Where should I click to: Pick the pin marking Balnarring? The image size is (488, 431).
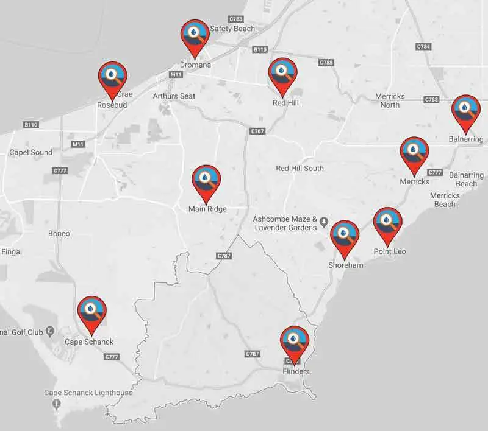(x=465, y=110)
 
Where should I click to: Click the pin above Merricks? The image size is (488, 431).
(x=414, y=152)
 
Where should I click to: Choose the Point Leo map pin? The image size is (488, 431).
(x=387, y=223)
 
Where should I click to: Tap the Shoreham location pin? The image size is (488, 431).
(x=345, y=236)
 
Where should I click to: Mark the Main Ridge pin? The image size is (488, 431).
(x=207, y=181)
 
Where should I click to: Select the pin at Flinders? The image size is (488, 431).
(x=295, y=342)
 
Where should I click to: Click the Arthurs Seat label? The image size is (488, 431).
(x=174, y=96)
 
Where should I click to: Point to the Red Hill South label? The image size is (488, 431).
(x=300, y=168)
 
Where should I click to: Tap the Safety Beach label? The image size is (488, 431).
(x=232, y=29)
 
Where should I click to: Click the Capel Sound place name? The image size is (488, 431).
(x=30, y=152)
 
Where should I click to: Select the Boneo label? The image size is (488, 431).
(x=59, y=234)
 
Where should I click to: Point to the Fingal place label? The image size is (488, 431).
(x=12, y=251)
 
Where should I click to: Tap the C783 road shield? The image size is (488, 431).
(x=235, y=19)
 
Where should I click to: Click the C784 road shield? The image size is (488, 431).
(x=423, y=47)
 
